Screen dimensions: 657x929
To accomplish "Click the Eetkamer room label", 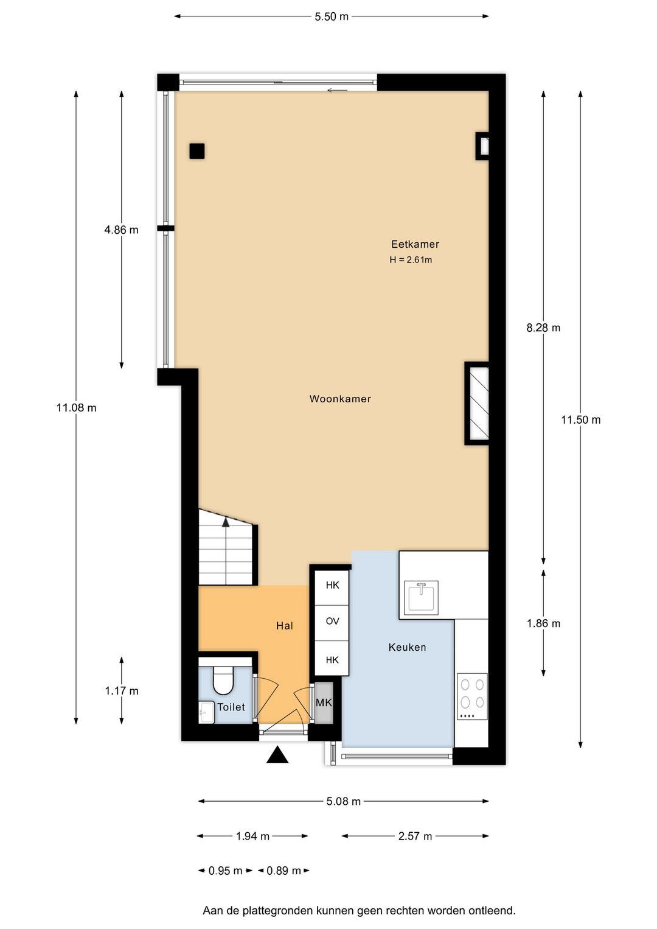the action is click(x=415, y=244).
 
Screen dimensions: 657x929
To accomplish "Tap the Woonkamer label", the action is click(x=340, y=399).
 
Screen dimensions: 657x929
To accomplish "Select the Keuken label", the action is click(x=407, y=647).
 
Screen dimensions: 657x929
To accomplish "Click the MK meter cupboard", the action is click(x=324, y=703).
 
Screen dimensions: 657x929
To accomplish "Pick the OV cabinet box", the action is click(x=332, y=621).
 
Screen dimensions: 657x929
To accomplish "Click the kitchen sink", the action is click(x=421, y=597).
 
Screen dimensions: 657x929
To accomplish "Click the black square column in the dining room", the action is click(x=197, y=151).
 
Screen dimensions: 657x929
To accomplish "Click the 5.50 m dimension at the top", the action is click(x=331, y=17).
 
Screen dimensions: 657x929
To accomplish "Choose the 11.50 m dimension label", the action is click(x=580, y=419).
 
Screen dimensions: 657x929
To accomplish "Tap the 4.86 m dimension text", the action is click(x=121, y=230).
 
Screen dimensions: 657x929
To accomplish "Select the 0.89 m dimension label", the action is click(x=283, y=871).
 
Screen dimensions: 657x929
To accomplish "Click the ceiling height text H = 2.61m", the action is click(x=411, y=260).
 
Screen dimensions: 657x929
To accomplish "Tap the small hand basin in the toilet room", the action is click(x=206, y=712).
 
